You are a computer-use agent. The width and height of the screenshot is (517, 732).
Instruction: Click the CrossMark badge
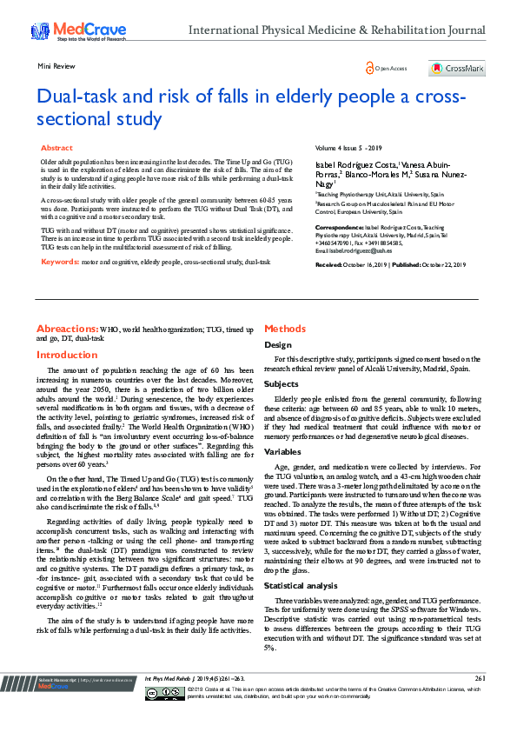click(457, 69)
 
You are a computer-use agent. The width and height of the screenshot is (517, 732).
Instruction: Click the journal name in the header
click(336, 30)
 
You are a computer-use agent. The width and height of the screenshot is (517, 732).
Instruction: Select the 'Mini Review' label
click(55, 65)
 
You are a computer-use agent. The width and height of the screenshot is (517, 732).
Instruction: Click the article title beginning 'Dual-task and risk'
click(252, 105)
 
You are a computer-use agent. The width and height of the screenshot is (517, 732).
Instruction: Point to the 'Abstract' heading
click(57, 149)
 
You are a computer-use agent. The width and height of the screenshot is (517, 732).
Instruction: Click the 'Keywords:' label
click(60, 262)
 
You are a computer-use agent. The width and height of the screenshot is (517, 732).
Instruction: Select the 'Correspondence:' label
click(340, 226)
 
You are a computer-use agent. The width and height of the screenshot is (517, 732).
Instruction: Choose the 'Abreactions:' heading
click(67, 329)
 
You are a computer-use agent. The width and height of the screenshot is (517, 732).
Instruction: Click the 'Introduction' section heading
click(67, 355)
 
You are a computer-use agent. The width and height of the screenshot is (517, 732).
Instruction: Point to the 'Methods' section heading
click(285, 329)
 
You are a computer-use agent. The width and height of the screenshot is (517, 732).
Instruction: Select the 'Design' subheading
click(278, 345)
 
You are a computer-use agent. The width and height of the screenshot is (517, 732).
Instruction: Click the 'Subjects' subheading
click(282, 383)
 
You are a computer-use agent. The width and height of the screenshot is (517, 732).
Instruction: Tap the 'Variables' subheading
click(283, 452)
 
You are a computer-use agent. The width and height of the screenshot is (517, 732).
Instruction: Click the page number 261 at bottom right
click(479, 702)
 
